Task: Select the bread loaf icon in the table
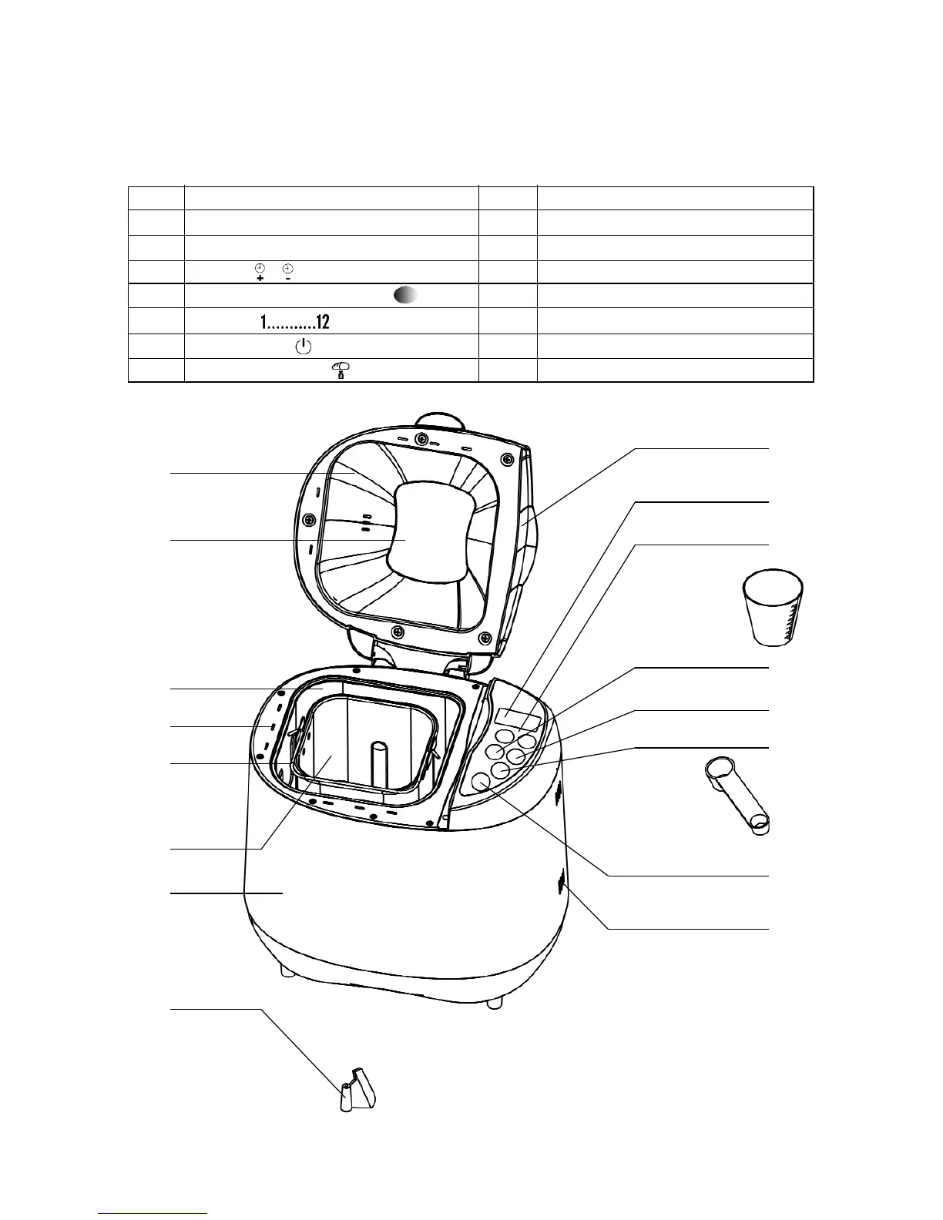click(339, 370)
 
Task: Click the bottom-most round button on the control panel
click(482, 782)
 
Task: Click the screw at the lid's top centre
click(421, 438)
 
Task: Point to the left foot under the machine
click(288, 971)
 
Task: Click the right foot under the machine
click(494, 1002)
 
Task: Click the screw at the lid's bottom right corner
click(485, 638)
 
